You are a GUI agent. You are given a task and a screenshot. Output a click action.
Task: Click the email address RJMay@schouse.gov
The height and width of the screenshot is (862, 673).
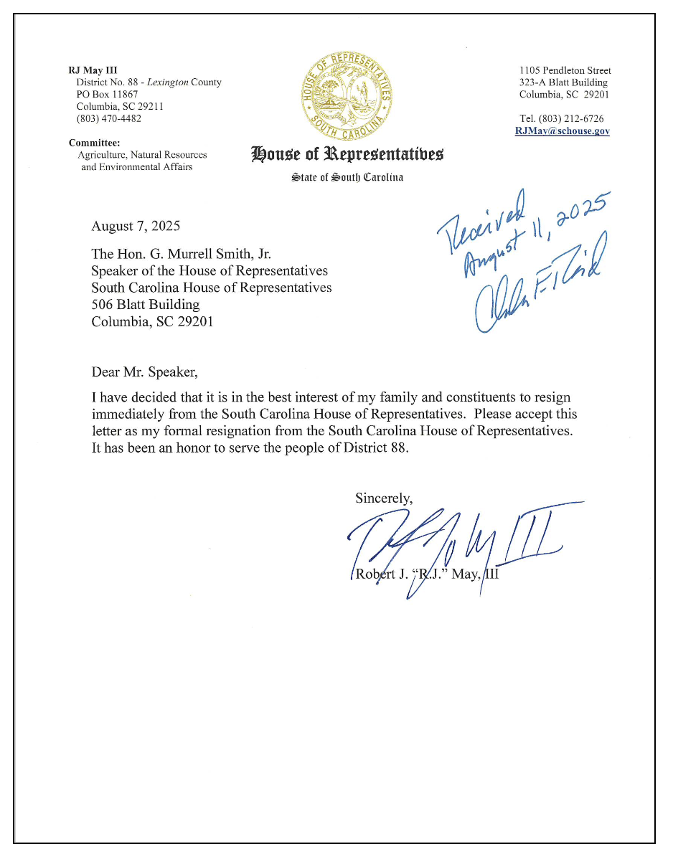click(562, 131)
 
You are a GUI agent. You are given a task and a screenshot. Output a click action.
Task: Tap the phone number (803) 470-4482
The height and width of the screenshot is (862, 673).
click(108, 119)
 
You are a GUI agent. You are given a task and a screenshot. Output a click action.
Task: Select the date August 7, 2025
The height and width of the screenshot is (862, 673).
click(136, 227)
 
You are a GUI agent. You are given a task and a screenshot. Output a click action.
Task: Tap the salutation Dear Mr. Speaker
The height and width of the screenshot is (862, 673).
click(143, 372)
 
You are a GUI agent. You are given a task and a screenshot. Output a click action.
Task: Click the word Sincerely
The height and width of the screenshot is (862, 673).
click(384, 498)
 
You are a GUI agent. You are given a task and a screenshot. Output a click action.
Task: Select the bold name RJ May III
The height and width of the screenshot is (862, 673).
click(92, 70)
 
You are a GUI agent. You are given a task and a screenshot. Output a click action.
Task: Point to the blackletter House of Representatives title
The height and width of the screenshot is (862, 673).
click(347, 153)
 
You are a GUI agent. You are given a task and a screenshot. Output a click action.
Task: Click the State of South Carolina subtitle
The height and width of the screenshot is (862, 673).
click(347, 177)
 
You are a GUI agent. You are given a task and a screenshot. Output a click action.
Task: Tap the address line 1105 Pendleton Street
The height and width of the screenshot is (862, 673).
click(565, 70)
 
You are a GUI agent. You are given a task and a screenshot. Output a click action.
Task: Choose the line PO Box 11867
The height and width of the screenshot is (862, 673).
click(108, 95)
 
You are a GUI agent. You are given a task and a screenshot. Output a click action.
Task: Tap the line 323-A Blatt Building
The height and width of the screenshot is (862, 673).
click(563, 82)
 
